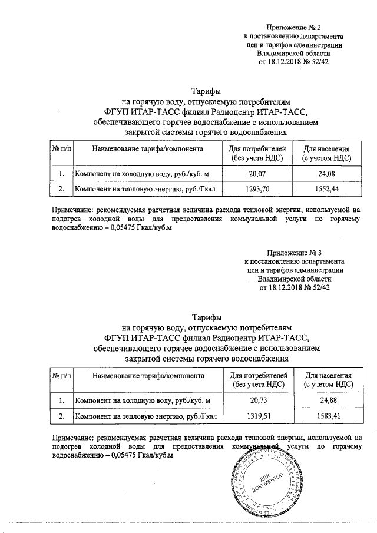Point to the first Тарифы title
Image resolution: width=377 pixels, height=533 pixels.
tap(207, 92)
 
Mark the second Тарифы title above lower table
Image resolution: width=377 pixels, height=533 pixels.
tap(207, 317)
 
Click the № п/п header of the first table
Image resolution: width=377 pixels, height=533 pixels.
tap(61, 149)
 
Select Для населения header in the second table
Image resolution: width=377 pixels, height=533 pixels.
tap(328, 380)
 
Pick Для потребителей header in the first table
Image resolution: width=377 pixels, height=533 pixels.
tap(259, 153)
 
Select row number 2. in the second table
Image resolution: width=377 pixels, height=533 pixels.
tap(61, 417)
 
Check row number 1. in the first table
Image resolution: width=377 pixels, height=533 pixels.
tap(61, 174)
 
